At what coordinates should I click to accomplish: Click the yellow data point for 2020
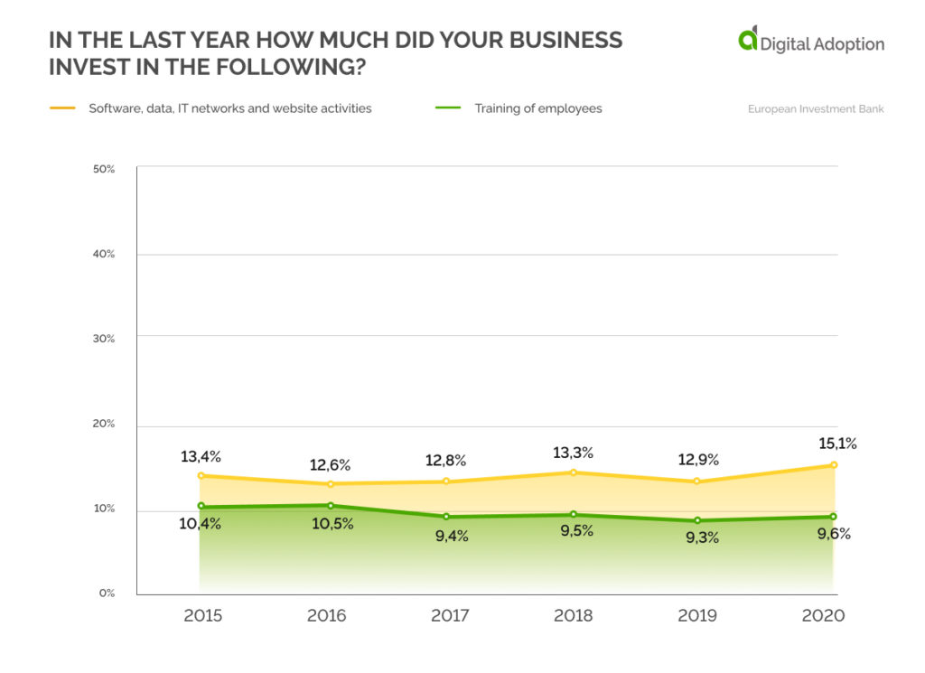pyautogui.click(x=834, y=465)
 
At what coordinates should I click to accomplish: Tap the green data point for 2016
pyautogui.click(x=331, y=506)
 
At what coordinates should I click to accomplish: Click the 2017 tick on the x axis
pyautogui.click(x=450, y=616)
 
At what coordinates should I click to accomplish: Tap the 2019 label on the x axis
pyautogui.click(x=697, y=616)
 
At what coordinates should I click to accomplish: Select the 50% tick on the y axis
pyautogui.click(x=103, y=170)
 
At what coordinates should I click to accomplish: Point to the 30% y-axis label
pyautogui.click(x=103, y=339)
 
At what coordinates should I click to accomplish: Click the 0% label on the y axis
pyautogui.click(x=107, y=594)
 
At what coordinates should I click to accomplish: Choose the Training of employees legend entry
pyautogui.click(x=537, y=108)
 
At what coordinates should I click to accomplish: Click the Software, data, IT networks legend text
pyautogui.click(x=229, y=108)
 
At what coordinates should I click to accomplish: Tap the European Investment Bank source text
pyautogui.click(x=815, y=109)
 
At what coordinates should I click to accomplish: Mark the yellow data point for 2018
pyautogui.click(x=573, y=472)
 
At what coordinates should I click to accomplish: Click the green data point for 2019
pyautogui.click(x=697, y=520)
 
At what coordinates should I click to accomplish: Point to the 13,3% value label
pyautogui.click(x=573, y=453)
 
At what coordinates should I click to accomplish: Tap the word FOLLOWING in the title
pyautogui.click(x=294, y=68)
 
